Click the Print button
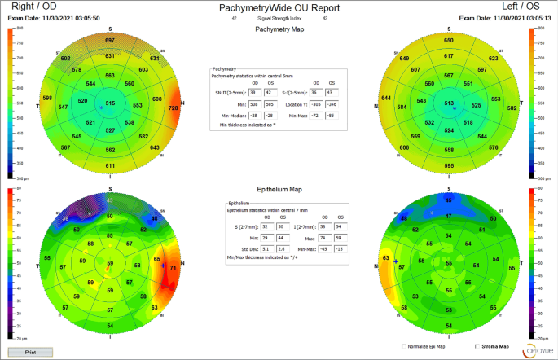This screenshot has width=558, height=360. click(30, 352)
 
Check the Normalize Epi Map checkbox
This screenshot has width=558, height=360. click(406, 346)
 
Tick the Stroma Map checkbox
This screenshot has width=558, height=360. click(475, 346)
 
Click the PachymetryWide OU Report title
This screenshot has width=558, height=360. click(279, 6)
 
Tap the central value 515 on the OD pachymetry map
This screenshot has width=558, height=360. click(110, 103)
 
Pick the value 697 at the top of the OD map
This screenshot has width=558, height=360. click(110, 40)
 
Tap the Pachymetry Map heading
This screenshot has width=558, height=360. click(279, 29)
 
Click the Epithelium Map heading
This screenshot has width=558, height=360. click(279, 187)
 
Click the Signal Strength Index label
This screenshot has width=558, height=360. click(279, 17)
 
